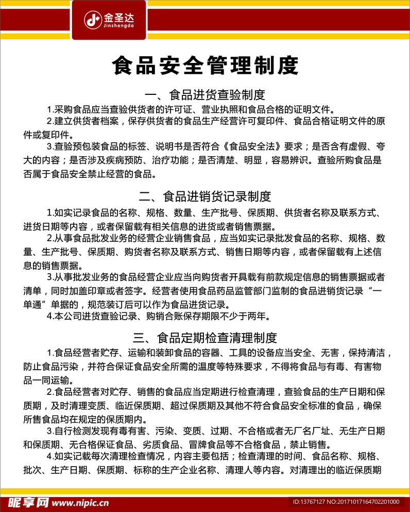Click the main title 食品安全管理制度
coord(205,67)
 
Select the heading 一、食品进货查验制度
coord(205,95)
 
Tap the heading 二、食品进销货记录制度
coord(205,196)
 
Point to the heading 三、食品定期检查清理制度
coord(205,338)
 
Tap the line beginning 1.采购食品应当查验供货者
coord(191,109)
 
